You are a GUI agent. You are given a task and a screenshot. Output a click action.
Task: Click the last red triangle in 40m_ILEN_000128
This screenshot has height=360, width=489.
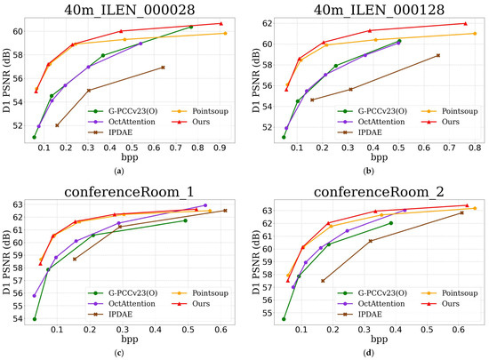[464, 24]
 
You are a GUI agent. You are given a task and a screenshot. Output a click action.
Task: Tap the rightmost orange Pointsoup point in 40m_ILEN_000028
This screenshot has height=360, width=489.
[225, 33]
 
